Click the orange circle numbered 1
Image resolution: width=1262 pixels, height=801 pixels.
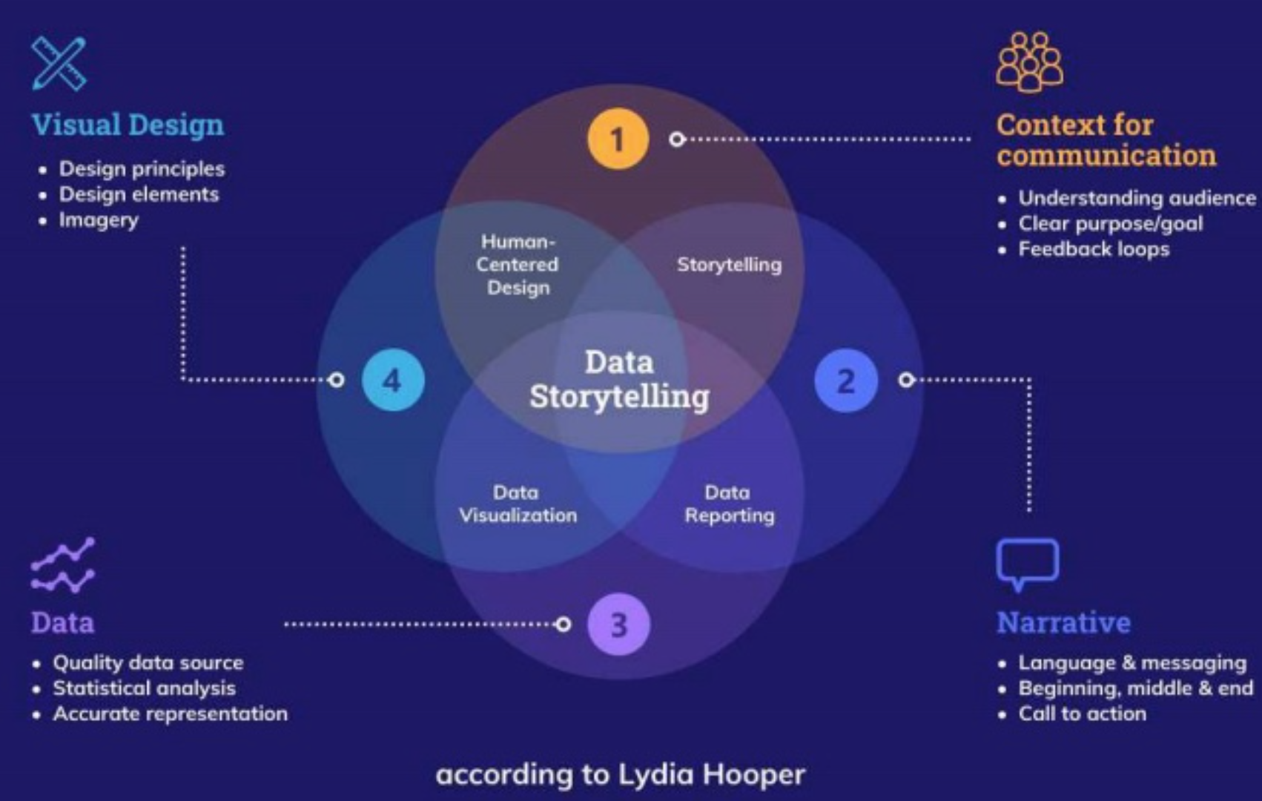(x=618, y=139)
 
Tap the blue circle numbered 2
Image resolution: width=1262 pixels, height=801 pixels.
(x=845, y=380)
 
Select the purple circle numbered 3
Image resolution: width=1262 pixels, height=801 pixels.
(x=618, y=624)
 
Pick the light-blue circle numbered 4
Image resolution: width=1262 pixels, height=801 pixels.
(x=393, y=380)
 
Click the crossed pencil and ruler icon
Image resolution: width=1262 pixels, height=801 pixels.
(x=59, y=63)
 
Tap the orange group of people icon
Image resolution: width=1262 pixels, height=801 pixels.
(x=1029, y=62)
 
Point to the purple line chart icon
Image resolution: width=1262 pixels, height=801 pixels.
(x=62, y=565)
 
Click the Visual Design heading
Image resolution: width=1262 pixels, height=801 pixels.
(x=128, y=125)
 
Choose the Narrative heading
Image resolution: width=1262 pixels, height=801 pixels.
(x=1064, y=622)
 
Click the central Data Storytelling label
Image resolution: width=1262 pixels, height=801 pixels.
(x=619, y=379)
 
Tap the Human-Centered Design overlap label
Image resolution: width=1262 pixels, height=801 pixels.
(x=518, y=264)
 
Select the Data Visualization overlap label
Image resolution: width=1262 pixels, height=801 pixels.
(x=518, y=504)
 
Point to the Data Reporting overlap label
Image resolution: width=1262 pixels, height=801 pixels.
(x=730, y=504)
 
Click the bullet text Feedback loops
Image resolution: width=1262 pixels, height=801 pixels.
(x=1094, y=249)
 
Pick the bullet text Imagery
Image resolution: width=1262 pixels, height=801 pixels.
(x=99, y=220)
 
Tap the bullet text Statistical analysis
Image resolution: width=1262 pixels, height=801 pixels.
(x=145, y=688)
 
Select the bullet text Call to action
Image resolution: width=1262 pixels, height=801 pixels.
(x=1083, y=713)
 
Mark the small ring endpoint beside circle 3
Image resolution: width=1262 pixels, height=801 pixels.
(x=563, y=624)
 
